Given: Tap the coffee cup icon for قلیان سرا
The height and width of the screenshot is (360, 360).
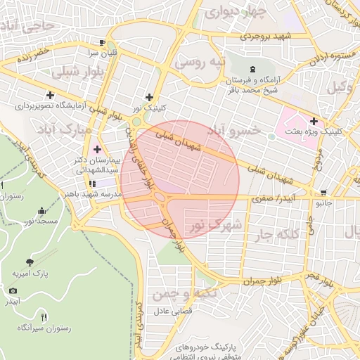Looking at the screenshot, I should [103, 42].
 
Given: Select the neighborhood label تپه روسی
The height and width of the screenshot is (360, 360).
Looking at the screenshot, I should [201, 63].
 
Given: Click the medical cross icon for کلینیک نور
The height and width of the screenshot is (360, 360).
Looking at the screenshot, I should [148, 98].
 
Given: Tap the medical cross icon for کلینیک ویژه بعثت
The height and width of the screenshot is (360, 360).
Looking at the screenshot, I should [313, 121].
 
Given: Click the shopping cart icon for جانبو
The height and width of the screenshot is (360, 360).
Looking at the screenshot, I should [323, 193].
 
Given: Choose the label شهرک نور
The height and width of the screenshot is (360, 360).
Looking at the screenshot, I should [215, 226].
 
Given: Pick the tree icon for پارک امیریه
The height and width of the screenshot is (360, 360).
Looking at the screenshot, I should [29, 262].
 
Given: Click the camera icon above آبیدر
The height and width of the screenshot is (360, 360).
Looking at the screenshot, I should [13, 290].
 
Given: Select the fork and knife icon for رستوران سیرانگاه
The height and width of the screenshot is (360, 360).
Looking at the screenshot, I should [44, 317].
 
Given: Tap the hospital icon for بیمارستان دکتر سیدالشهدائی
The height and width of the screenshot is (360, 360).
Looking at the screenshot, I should [97, 150].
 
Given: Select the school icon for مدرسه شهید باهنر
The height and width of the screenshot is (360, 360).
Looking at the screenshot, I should [92, 184].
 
